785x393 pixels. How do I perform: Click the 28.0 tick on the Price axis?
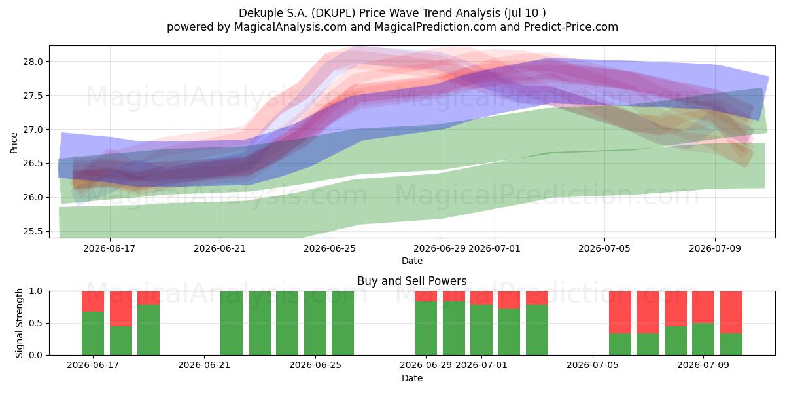[33, 62]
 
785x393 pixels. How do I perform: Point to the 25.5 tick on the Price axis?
[33, 232]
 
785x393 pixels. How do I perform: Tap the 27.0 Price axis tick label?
[33, 130]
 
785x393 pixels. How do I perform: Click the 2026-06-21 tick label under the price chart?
[220, 248]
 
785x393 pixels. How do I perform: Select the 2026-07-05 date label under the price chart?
[604, 248]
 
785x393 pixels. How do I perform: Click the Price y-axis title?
[14, 143]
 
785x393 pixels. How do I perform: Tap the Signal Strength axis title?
[19, 323]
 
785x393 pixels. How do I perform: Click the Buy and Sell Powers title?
[411, 281]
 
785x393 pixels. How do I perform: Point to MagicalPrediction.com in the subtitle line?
[435, 27]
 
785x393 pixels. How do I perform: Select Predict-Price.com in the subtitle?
[571, 27]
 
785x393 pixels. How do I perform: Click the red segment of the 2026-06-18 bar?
[121, 309]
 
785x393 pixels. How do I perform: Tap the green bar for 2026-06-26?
[343, 323]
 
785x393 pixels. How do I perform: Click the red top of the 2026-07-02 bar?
[509, 300]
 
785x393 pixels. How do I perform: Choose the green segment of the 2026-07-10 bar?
[731, 345]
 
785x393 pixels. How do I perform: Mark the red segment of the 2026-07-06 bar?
[620, 312]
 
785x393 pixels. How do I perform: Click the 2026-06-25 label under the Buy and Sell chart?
[315, 365]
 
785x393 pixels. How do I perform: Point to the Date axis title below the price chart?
[411, 261]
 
